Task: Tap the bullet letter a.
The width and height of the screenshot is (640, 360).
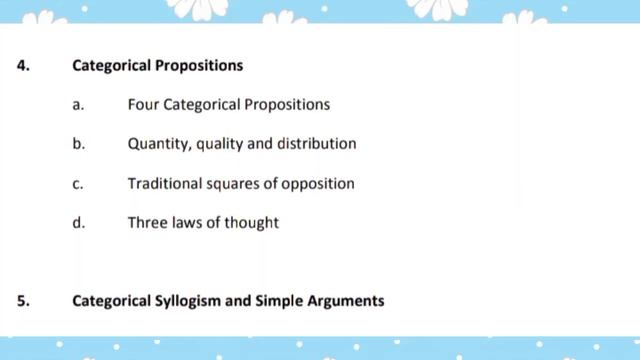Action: click(x=78, y=104)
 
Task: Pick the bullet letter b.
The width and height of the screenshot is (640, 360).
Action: click(x=78, y=144)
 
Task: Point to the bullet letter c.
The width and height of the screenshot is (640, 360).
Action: click(x=78, y=184)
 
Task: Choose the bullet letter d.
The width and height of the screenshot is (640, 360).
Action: click(x=78, y=223)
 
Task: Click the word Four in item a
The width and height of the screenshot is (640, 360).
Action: click(x=143, y=104)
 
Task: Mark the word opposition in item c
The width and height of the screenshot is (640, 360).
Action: click(x=318, y=185)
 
